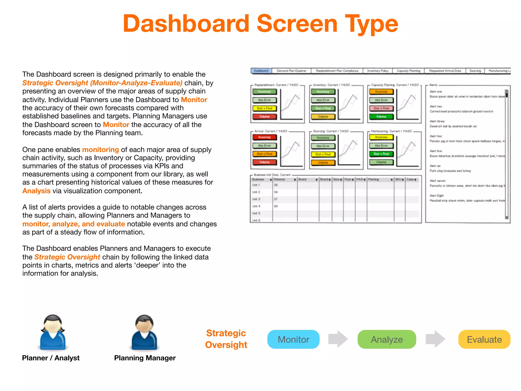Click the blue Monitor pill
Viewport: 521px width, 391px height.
293,339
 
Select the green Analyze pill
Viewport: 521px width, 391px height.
387,339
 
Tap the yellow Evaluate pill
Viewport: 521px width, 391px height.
484,339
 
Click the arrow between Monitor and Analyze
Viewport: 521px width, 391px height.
338,339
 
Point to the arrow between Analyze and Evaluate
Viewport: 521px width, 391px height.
435,339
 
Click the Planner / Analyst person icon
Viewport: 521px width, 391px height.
53,332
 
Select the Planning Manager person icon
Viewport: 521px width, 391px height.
144,332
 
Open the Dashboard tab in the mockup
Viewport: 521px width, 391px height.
261,71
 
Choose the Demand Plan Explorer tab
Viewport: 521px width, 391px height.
291,71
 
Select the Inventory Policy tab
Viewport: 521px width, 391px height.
378,71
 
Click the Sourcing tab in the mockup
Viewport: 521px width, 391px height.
475,71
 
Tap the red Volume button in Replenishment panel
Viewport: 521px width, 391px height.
264,117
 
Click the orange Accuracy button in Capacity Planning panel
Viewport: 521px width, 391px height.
381,92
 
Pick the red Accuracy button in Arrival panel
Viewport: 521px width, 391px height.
264,137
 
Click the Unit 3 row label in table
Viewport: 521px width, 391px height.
256,199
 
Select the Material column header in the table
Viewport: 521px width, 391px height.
279,179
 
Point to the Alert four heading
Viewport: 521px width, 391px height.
436,136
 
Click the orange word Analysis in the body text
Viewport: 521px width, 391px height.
36,191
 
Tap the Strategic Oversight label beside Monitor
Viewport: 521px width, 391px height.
226,339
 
